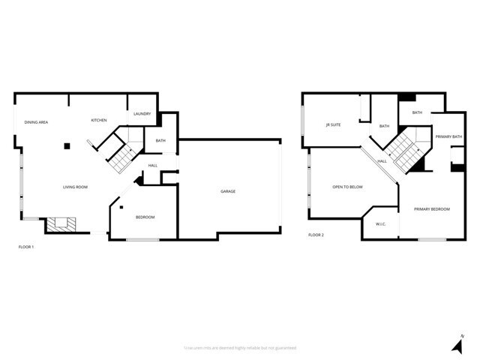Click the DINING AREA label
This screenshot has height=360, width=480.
point(36,121)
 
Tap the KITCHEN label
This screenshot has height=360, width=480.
point(99,120)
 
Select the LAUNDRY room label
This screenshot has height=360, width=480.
point(142,114)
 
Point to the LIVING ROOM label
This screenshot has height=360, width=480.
point(75,187)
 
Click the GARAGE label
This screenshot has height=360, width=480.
point(228,191)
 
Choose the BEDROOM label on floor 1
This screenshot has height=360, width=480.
point(145,217)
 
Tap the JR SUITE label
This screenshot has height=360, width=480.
point(333,124)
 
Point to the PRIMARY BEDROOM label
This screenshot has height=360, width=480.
point(432,208)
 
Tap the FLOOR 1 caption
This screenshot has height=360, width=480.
point(26,246)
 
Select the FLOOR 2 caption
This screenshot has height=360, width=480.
point(316,235)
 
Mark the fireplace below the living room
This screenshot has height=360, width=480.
point(59,224)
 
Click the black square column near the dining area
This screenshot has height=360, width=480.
point(67,145)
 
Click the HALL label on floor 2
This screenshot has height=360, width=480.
point(382,161)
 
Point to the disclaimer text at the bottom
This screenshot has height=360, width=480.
point(240,347)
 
